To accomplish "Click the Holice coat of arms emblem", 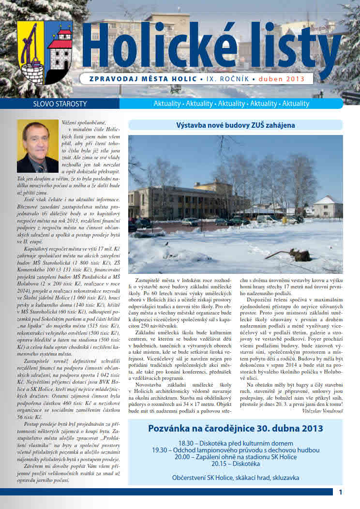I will (45, 52).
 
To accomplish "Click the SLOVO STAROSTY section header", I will (54, 104).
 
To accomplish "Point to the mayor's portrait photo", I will (37, 146).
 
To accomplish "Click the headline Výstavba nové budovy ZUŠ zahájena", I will (236, 125).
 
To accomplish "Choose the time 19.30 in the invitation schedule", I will (159, 450).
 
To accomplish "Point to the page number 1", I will (341, 493).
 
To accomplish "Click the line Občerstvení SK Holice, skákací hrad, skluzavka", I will (235, 478).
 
